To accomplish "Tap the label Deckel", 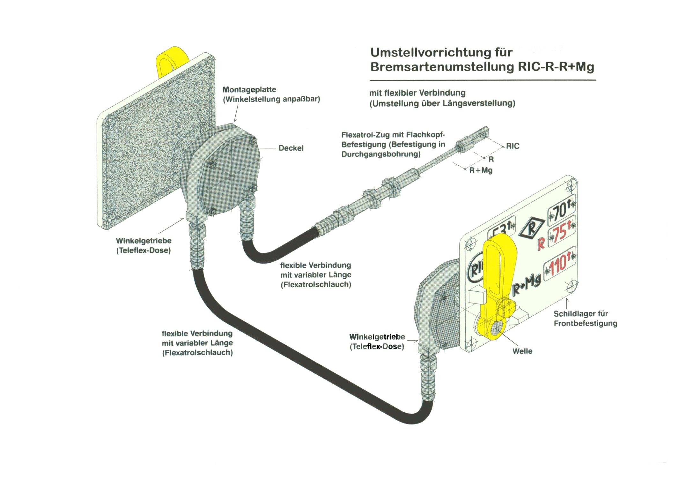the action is click(x=291, y=148).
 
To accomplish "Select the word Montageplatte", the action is click(x=249, y=90).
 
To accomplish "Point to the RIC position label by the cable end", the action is click(x=513, y=146).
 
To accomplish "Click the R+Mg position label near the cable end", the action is click(x=481, y=170).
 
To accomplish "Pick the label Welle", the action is click(x=522, y=351).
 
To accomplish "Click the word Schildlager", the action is click(x=571, y=314).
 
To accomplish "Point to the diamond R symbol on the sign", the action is click(x=531, y=227).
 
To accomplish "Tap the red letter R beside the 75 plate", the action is click(x=541, y=244).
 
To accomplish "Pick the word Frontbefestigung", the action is click(x=586, y=323).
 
